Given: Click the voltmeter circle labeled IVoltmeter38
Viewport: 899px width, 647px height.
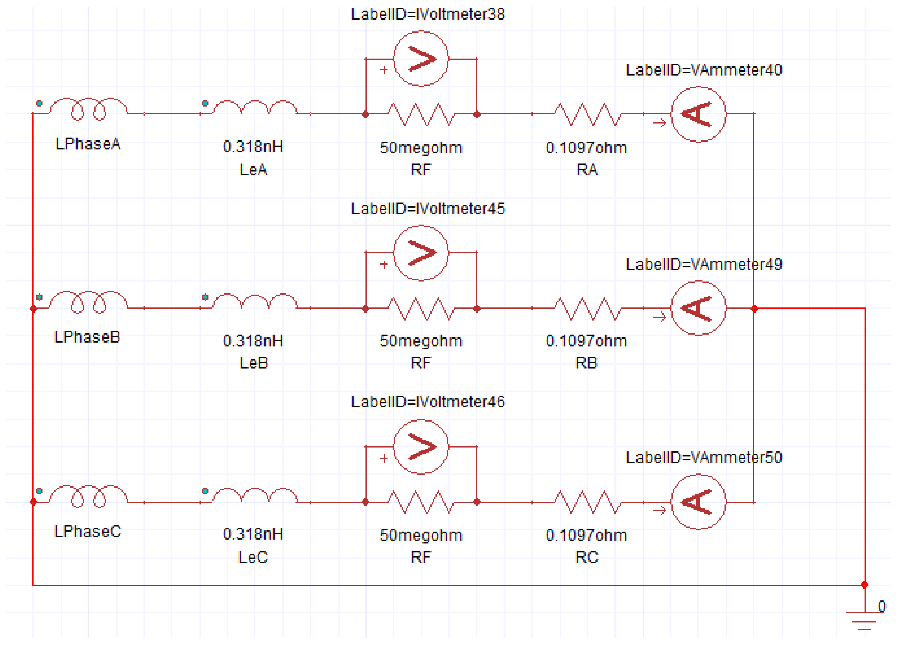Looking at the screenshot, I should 421,59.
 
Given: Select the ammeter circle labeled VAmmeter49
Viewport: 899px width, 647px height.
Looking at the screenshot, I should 698,308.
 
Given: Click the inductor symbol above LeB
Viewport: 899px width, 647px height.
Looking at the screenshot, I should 255,303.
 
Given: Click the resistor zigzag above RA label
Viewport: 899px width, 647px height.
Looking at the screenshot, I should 587,114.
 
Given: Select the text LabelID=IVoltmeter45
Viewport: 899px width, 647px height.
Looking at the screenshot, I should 428,209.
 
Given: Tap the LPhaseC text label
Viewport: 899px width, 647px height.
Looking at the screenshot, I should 88,531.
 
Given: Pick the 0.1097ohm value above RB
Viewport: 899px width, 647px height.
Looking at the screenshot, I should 586,341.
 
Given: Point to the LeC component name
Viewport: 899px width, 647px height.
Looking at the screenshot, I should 253,557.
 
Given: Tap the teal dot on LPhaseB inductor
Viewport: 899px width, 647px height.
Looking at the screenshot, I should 39,297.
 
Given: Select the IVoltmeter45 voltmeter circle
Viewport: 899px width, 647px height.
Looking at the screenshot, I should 421,252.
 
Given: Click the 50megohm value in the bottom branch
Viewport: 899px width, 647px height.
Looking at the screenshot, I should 421,535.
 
